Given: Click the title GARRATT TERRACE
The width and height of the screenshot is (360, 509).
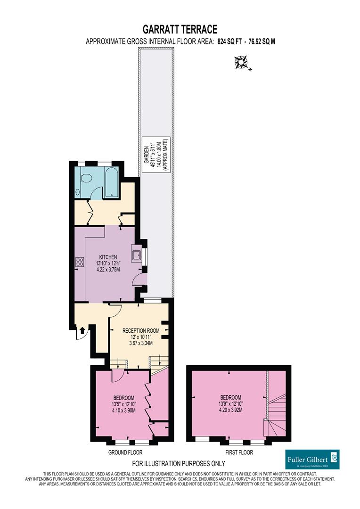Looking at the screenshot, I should tap(180, 30).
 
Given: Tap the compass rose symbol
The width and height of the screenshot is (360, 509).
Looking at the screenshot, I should tap(243, 62).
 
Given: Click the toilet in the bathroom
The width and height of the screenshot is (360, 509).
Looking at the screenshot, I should tap(86, 180).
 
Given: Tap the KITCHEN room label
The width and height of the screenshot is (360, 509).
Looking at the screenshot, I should tap(107, 257).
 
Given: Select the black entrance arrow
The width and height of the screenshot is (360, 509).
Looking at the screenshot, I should tap(83, 330).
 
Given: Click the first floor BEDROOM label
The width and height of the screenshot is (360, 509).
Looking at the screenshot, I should tap(230, 397).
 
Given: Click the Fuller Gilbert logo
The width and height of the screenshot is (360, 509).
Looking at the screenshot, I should tap(312, 459).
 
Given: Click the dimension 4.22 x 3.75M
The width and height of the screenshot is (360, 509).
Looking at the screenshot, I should tap(107, 270).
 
